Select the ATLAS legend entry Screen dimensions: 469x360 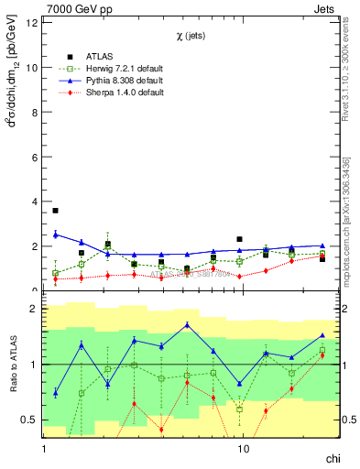pyautogui.click(x=91, y=57)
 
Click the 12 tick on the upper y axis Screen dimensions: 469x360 pyautogui.click(x=32, y=23)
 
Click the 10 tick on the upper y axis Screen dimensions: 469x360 pyautogui.click(x=32, y=68)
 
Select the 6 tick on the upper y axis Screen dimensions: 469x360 pyautogui.click(x=35, y=157)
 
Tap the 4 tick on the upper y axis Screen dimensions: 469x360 pyautogui.click(x=35, y=202)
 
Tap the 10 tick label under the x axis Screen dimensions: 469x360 pyautogui.click(x=243, y=451)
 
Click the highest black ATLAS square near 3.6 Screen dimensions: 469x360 pyautogui.click(x=56, y=211)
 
